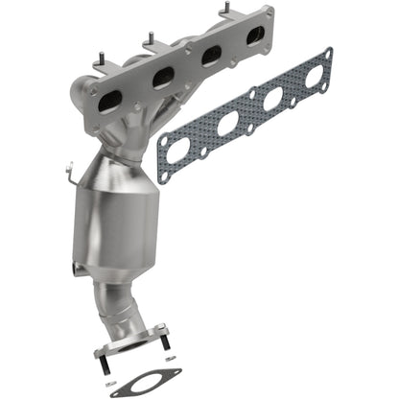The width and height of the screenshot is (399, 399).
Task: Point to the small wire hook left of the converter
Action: (x=73, y=176)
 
